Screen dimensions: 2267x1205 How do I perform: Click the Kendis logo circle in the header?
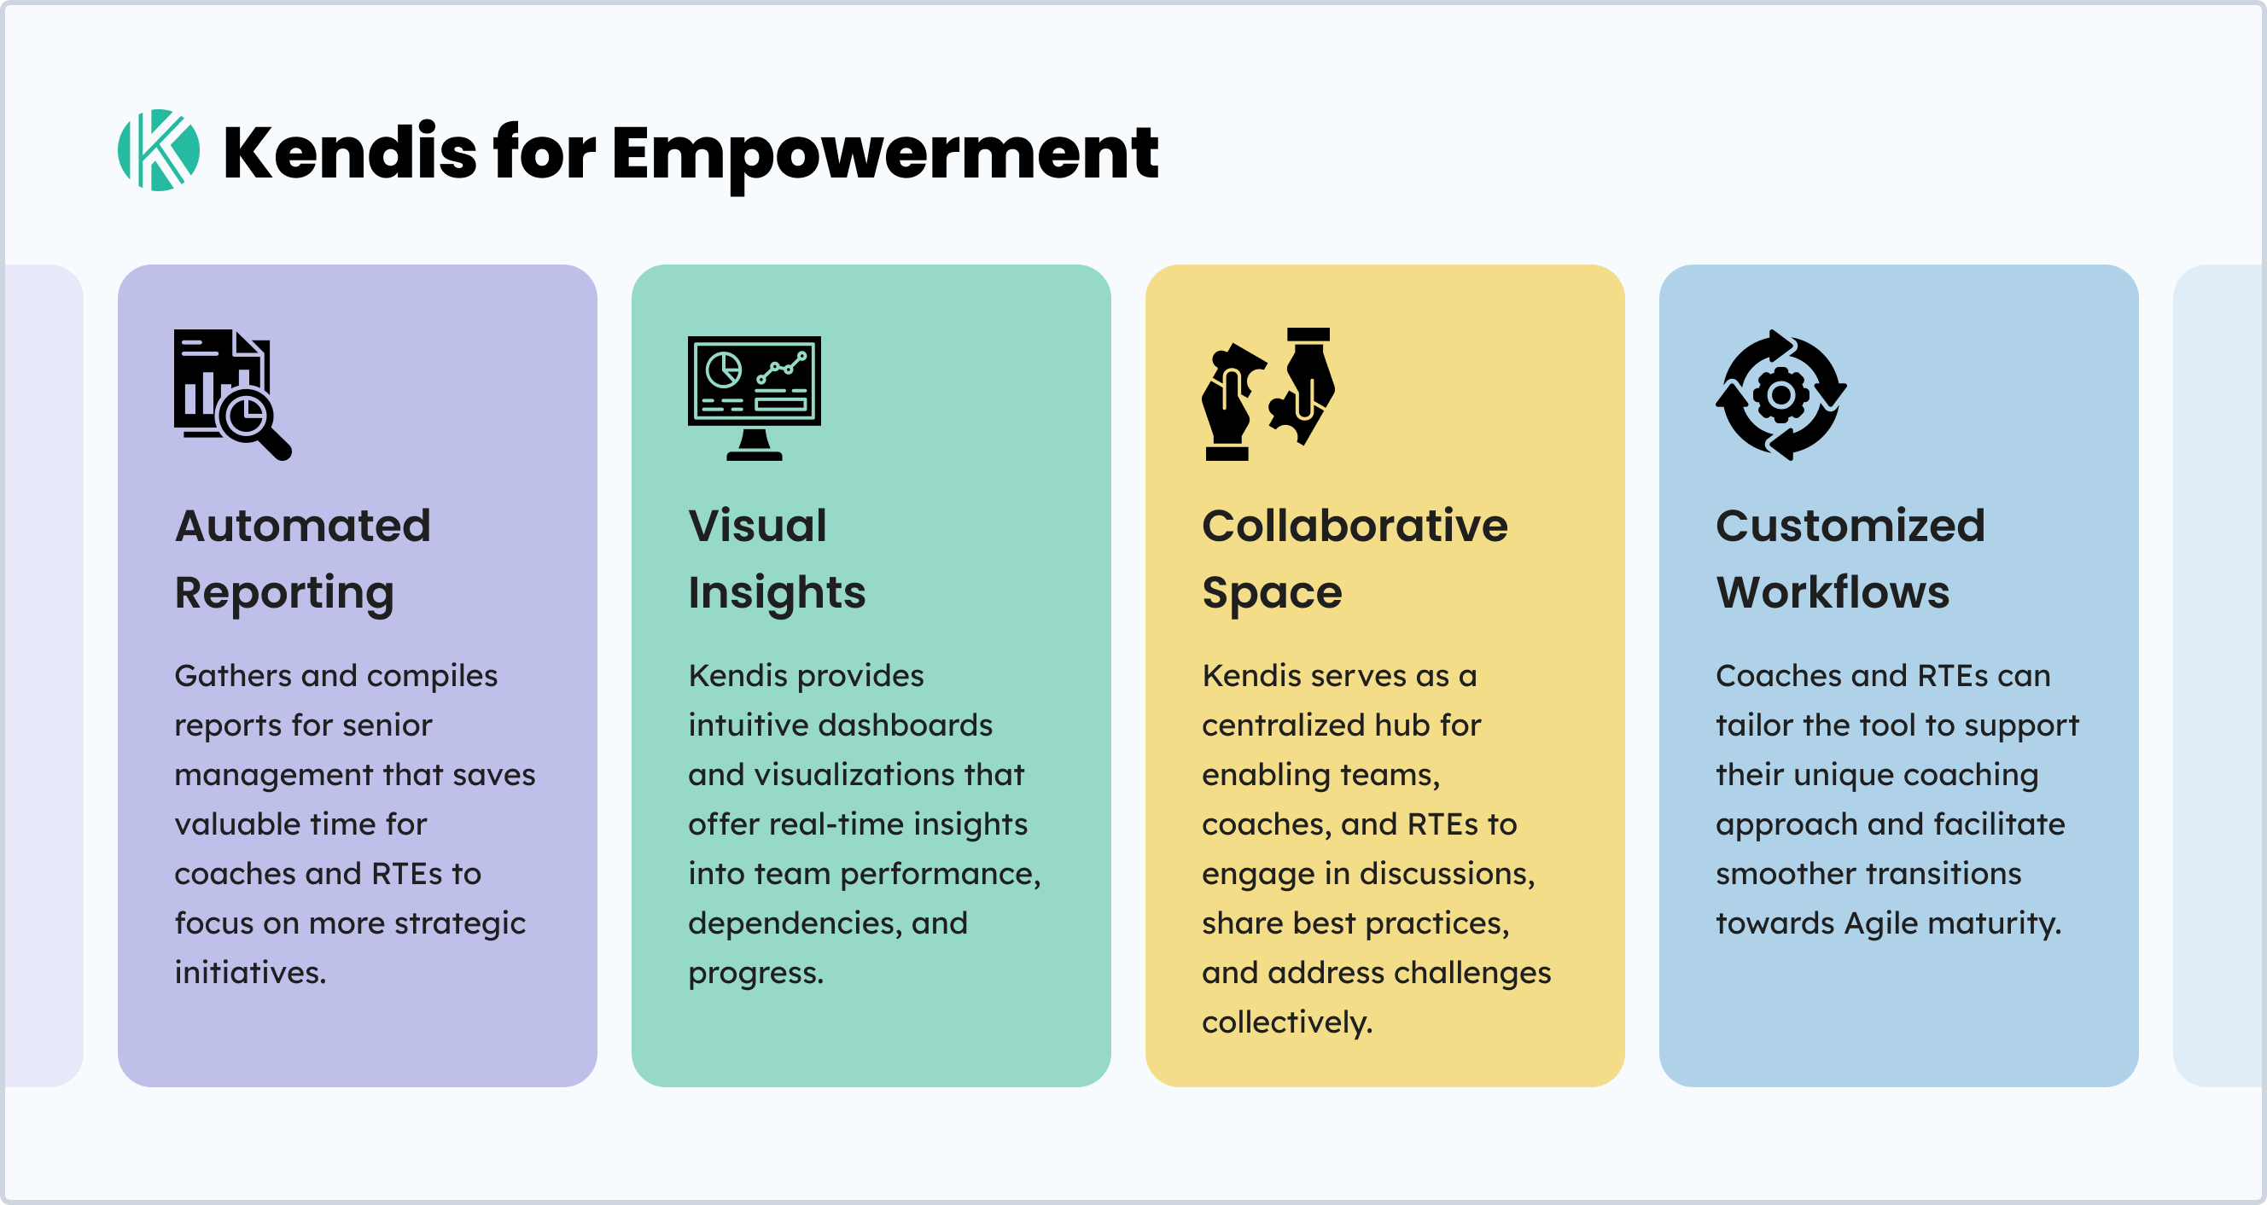(159, 150)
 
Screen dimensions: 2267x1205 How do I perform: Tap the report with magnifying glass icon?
(232, 394)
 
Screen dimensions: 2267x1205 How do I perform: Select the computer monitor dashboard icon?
(755, 398)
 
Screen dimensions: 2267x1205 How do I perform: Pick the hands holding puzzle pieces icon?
(1268, 393)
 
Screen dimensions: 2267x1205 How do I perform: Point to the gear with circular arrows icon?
(1781, 394)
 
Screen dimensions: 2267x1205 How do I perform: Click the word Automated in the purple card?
(303, 526)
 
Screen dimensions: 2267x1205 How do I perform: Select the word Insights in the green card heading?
(777, 593)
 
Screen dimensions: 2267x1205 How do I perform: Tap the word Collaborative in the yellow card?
(1355, 526)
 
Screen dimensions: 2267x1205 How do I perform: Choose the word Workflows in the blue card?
(1833, 591)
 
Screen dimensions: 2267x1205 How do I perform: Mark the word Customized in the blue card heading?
(1850, 526)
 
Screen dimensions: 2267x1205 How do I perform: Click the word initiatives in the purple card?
(250, 973)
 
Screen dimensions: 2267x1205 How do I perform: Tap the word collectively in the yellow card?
(1287, 1022)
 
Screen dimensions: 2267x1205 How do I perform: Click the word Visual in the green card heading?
(758, 526)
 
